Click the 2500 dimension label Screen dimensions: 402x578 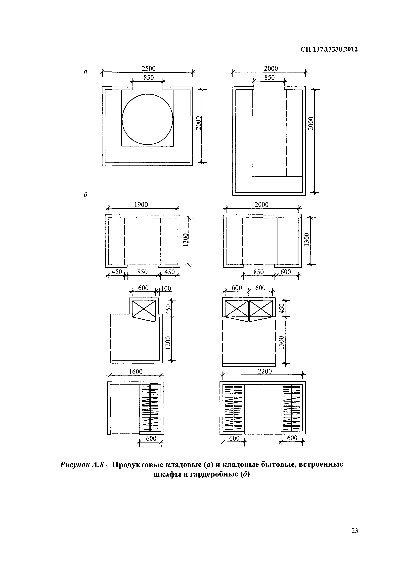pos(149,69)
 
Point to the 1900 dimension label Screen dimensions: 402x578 pos(141,205)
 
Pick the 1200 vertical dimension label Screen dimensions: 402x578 pos(168,343)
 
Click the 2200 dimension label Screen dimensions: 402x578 pos(265,371)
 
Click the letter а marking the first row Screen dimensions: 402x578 pos(86,72)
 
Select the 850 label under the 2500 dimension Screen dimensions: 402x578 pos(149,78)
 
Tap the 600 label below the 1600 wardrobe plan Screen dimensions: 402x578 pos(151,438)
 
